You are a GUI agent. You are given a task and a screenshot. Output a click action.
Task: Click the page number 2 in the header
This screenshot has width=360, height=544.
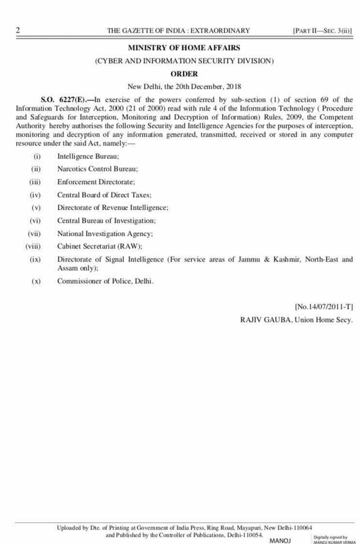tap(18, 31)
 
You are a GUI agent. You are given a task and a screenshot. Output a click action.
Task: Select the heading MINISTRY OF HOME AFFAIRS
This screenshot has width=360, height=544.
tap(184, 48)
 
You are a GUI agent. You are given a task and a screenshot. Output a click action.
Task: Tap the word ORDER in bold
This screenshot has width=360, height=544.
tap(184, 73)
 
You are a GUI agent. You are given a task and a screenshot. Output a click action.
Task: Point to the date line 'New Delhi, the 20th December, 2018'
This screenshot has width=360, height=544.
tap(184, 86)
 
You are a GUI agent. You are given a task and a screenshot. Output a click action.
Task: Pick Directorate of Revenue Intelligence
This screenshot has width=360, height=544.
tap(112, 208)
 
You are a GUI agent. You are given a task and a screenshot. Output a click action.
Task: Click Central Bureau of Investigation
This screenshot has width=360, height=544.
tap(106, 221)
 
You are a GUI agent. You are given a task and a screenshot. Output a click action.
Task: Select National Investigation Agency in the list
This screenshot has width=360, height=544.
tap(105, 234)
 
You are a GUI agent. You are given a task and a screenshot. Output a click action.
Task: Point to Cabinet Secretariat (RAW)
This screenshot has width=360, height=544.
tap(99, 247)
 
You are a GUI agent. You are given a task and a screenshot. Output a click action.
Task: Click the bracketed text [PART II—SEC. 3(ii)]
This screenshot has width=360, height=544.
tap(322, 31)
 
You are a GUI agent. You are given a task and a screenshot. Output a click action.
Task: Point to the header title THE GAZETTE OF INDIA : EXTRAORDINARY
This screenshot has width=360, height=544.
tap(178, 31)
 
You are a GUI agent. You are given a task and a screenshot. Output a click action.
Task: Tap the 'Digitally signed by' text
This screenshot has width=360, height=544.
tap(330, 537)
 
